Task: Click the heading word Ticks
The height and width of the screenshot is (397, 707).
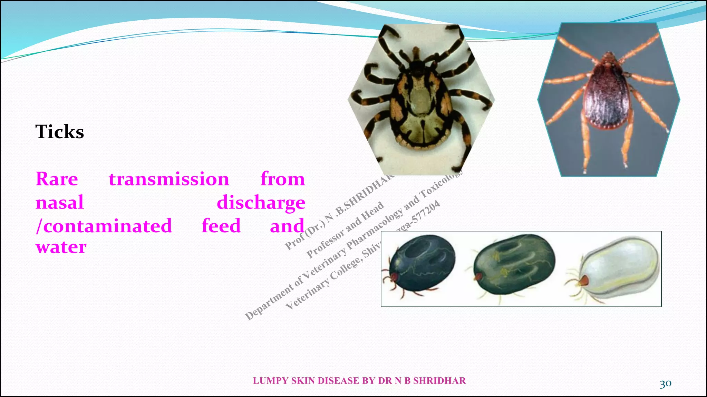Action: click(60, 132)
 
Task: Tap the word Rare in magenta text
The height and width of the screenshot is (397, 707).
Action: click(57, 179)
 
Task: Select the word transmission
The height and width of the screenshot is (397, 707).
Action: click(169, 179)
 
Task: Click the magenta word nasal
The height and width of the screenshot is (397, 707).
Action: click(60, 202)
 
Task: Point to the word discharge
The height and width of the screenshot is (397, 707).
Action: click(261, 203)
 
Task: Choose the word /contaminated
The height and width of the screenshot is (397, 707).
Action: click(104, 226)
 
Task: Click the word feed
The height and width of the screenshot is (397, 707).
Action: click(221, 226)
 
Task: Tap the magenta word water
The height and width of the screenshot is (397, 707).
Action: click(61, 247)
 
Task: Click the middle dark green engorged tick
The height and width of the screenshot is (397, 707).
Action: click(514, 264)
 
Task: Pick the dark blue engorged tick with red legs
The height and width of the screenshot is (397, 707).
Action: click(421, 264)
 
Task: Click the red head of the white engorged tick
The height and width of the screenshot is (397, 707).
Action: click(583, 281)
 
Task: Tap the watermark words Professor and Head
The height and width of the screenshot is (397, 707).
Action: click(345, 229)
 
